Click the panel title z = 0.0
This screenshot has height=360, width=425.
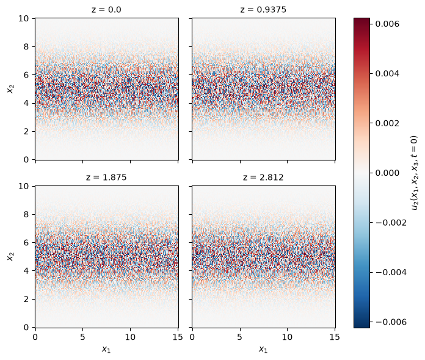click(x=106, y=10)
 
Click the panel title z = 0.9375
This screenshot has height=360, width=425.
click(x=263, y=10)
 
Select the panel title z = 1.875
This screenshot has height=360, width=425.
click(x=106, y=178)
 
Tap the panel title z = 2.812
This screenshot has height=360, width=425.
click(x=263, y=178)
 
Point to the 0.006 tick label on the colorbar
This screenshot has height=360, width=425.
click(x=387, y=24)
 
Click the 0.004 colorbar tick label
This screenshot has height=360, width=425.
click(x=387, y=73)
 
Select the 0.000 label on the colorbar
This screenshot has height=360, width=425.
click(x=387, y=173)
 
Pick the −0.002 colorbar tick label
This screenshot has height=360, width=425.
click(x=391, y=223)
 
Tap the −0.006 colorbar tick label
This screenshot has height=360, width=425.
click(x=391, y=322)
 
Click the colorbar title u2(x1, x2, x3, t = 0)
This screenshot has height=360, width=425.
click(x=415, y=173)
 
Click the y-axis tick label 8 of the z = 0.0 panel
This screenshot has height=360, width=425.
click(x=26, y=46)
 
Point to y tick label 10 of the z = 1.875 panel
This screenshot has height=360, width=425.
click(x=24, y=186)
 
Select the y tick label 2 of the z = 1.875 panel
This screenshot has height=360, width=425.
click(x=26, y=299)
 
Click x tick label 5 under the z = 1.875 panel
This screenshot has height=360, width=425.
click(x=82, y=337)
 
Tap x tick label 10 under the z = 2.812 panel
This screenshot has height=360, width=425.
click(x=288, y=337)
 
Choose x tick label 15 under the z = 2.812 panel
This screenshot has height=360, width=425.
click(x=335, y=337)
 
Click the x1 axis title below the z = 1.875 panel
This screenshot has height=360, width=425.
click(x=106, y=349)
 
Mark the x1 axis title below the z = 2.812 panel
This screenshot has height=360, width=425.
click(x=263, y=349)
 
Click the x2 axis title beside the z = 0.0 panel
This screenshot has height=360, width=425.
click(x=10, y=89)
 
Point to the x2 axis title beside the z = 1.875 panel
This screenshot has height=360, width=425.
click(x=10, y=256)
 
